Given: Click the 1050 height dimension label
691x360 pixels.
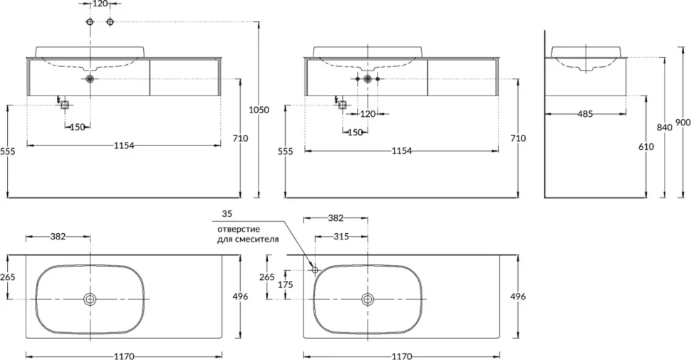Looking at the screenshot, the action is coord(259,110).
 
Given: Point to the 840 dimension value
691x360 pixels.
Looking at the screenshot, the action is coord(665,128).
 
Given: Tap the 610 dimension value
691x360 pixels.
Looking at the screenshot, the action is coord(646,146).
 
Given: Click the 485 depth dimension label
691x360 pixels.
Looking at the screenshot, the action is coord(585,114).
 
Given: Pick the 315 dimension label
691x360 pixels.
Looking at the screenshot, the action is coord(341,237).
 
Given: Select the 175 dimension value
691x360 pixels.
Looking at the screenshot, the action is coord(285,284).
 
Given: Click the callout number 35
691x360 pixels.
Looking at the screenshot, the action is coord(227,214).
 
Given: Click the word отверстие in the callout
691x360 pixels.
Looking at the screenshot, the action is coord(239,230).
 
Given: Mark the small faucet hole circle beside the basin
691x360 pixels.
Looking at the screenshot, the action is coord(315,269).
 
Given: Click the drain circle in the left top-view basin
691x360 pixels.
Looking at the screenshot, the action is coord(90,299).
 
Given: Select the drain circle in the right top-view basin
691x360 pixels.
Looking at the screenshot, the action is coord(368,299).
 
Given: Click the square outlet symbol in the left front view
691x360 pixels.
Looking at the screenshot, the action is coord(65,105).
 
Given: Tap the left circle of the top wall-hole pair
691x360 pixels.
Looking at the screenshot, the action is coord(90,21).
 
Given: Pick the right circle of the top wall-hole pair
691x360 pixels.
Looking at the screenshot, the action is coord(110,21).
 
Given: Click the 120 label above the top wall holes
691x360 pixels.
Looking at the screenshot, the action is coord(100,4).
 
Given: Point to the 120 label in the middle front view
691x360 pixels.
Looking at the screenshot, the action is coord(368,114).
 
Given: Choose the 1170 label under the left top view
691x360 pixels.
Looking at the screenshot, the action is coord(124,356).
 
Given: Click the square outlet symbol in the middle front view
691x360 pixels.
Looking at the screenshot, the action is coord(343,105).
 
